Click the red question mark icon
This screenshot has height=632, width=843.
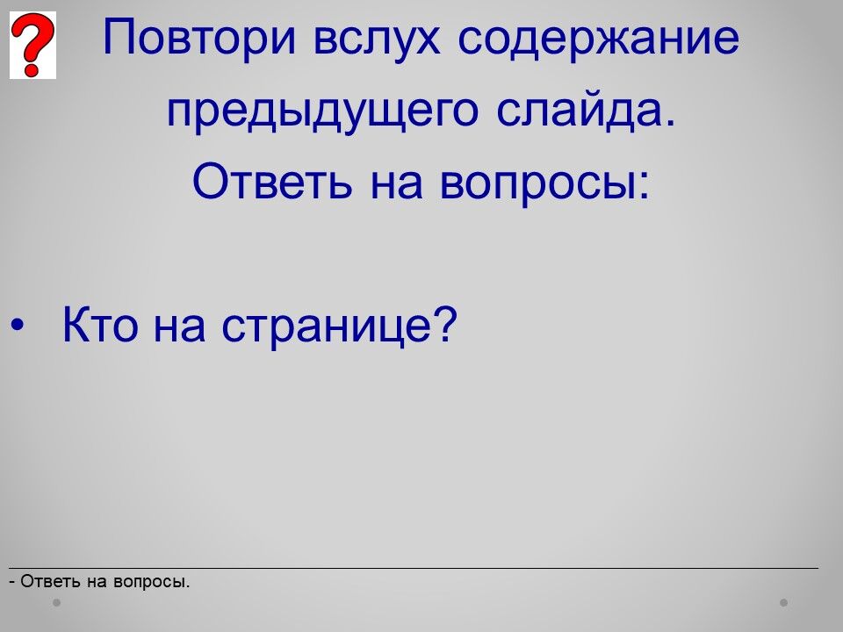pyautogui.click(x=32, y=45)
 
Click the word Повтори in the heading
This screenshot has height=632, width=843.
pyautogui.click(x=199, y=38)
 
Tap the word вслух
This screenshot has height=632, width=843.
pyautogui.click(x=377, y=39)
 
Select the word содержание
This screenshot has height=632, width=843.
pyautogui.click(x=598, y=39)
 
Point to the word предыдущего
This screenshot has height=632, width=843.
pyautogui.click(x=322, y=111)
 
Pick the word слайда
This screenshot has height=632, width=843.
pyautogui.click(x=586, y=111)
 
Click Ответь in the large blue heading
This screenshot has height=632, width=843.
pyautogui.click(x=272, y=181)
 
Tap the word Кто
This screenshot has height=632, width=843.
pyautogui.click(x=100, y=324)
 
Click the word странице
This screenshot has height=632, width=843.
pyautogui.click(x=327, y=327)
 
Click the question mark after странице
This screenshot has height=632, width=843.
pyautogui.click(x=445, y=324)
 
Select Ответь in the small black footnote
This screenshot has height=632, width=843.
pyautogui.click(x=51, y=581)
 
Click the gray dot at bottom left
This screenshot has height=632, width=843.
pyautogui.click(x=56, y=602)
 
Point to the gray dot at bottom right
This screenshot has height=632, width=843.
pyautogui.click(x=783, y=602)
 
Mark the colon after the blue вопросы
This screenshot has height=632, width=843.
pyautogui.click(x=645, y=186)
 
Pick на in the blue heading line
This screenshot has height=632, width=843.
pyautogui.click(x=396, y=186)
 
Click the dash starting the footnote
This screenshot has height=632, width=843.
pyautogui.click(x=11, y=582)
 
